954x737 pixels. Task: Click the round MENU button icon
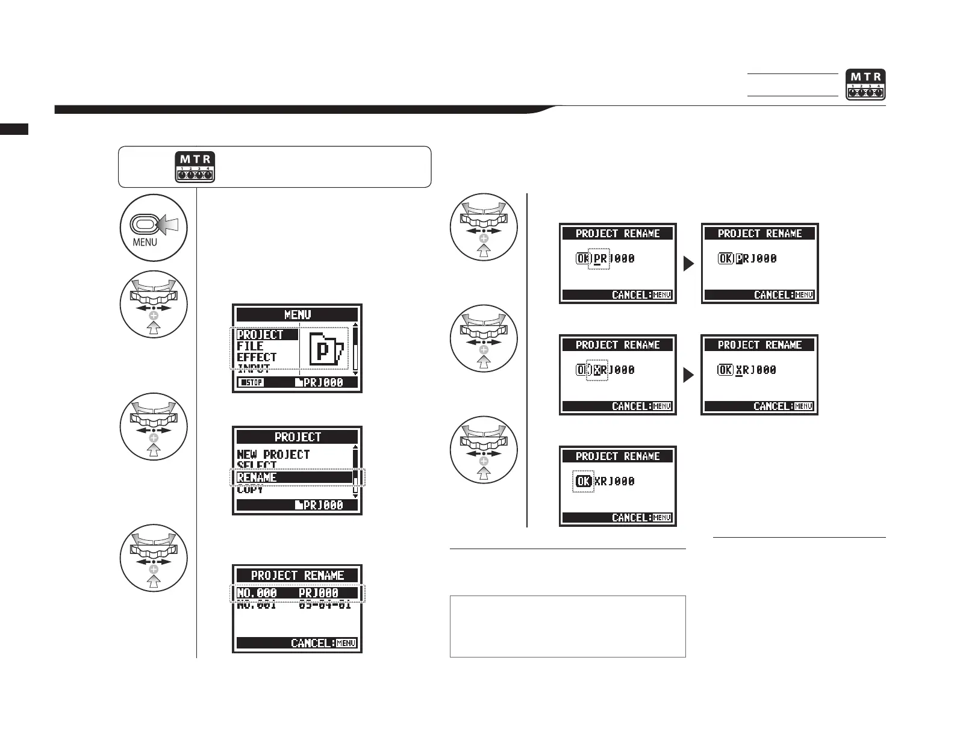click(154, 228)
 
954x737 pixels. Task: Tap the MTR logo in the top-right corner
click(865, 85)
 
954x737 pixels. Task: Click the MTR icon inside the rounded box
click(195, 167)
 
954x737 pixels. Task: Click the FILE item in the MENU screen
click(250, 346)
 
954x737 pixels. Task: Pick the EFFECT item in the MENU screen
click(257, 357)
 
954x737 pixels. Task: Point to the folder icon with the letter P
click(325, 351)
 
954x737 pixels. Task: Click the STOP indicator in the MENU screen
click(251, 382)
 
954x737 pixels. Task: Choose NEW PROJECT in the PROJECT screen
click(273, 455)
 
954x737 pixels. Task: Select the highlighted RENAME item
click(293, 477)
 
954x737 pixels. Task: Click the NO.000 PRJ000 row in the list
click(297, 593)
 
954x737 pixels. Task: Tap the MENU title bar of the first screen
click(298, 314)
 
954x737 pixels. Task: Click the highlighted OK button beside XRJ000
click(583, 481)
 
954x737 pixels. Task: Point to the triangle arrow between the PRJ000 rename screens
click(688, 264)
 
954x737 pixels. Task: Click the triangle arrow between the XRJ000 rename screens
click(688, 375)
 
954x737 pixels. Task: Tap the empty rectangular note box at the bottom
click(567, 626)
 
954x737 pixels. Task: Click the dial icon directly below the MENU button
click(154, 304)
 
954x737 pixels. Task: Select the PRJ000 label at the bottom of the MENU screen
click(319, 382)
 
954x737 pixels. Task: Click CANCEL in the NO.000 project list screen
click(323, 643)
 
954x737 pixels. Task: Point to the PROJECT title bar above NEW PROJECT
click(298, 437)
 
